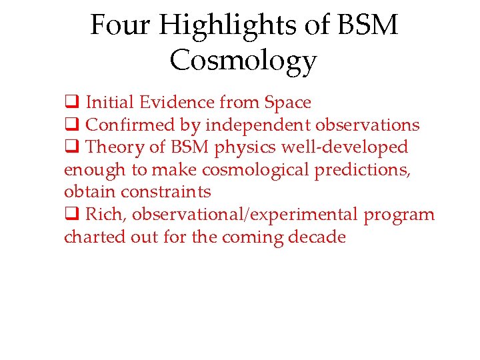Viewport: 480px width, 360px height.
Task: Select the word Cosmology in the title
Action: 243,61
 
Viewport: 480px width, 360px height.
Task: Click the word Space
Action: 287,103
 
